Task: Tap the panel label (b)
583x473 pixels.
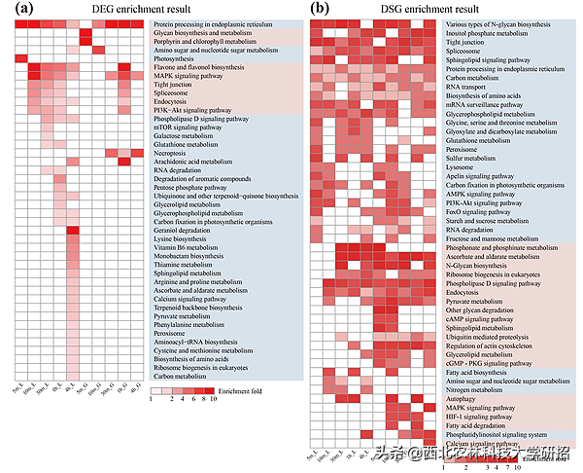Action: (319, 9)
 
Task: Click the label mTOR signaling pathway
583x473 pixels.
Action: (189, 126)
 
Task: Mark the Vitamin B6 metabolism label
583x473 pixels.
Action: (186, 248)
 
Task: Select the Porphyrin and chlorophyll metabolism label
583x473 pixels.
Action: (206, 41)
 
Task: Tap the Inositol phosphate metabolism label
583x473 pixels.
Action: (486, 32)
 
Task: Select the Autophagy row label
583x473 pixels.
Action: (463, 397)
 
